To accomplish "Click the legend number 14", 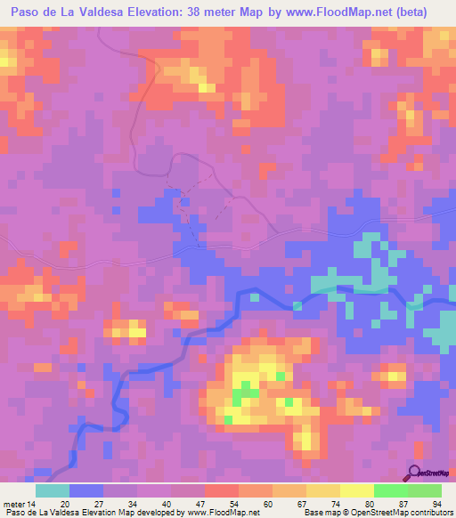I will point(32,504).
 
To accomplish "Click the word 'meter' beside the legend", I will point(13,504).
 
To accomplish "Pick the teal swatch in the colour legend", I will point(53,490).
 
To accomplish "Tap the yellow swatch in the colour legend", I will point(356,490).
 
